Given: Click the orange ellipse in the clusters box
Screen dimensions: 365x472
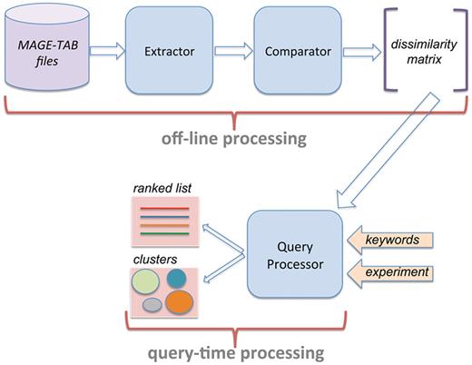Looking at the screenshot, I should [x=199, y=301].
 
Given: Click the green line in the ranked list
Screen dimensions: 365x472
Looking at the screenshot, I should [x=165, y=236].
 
